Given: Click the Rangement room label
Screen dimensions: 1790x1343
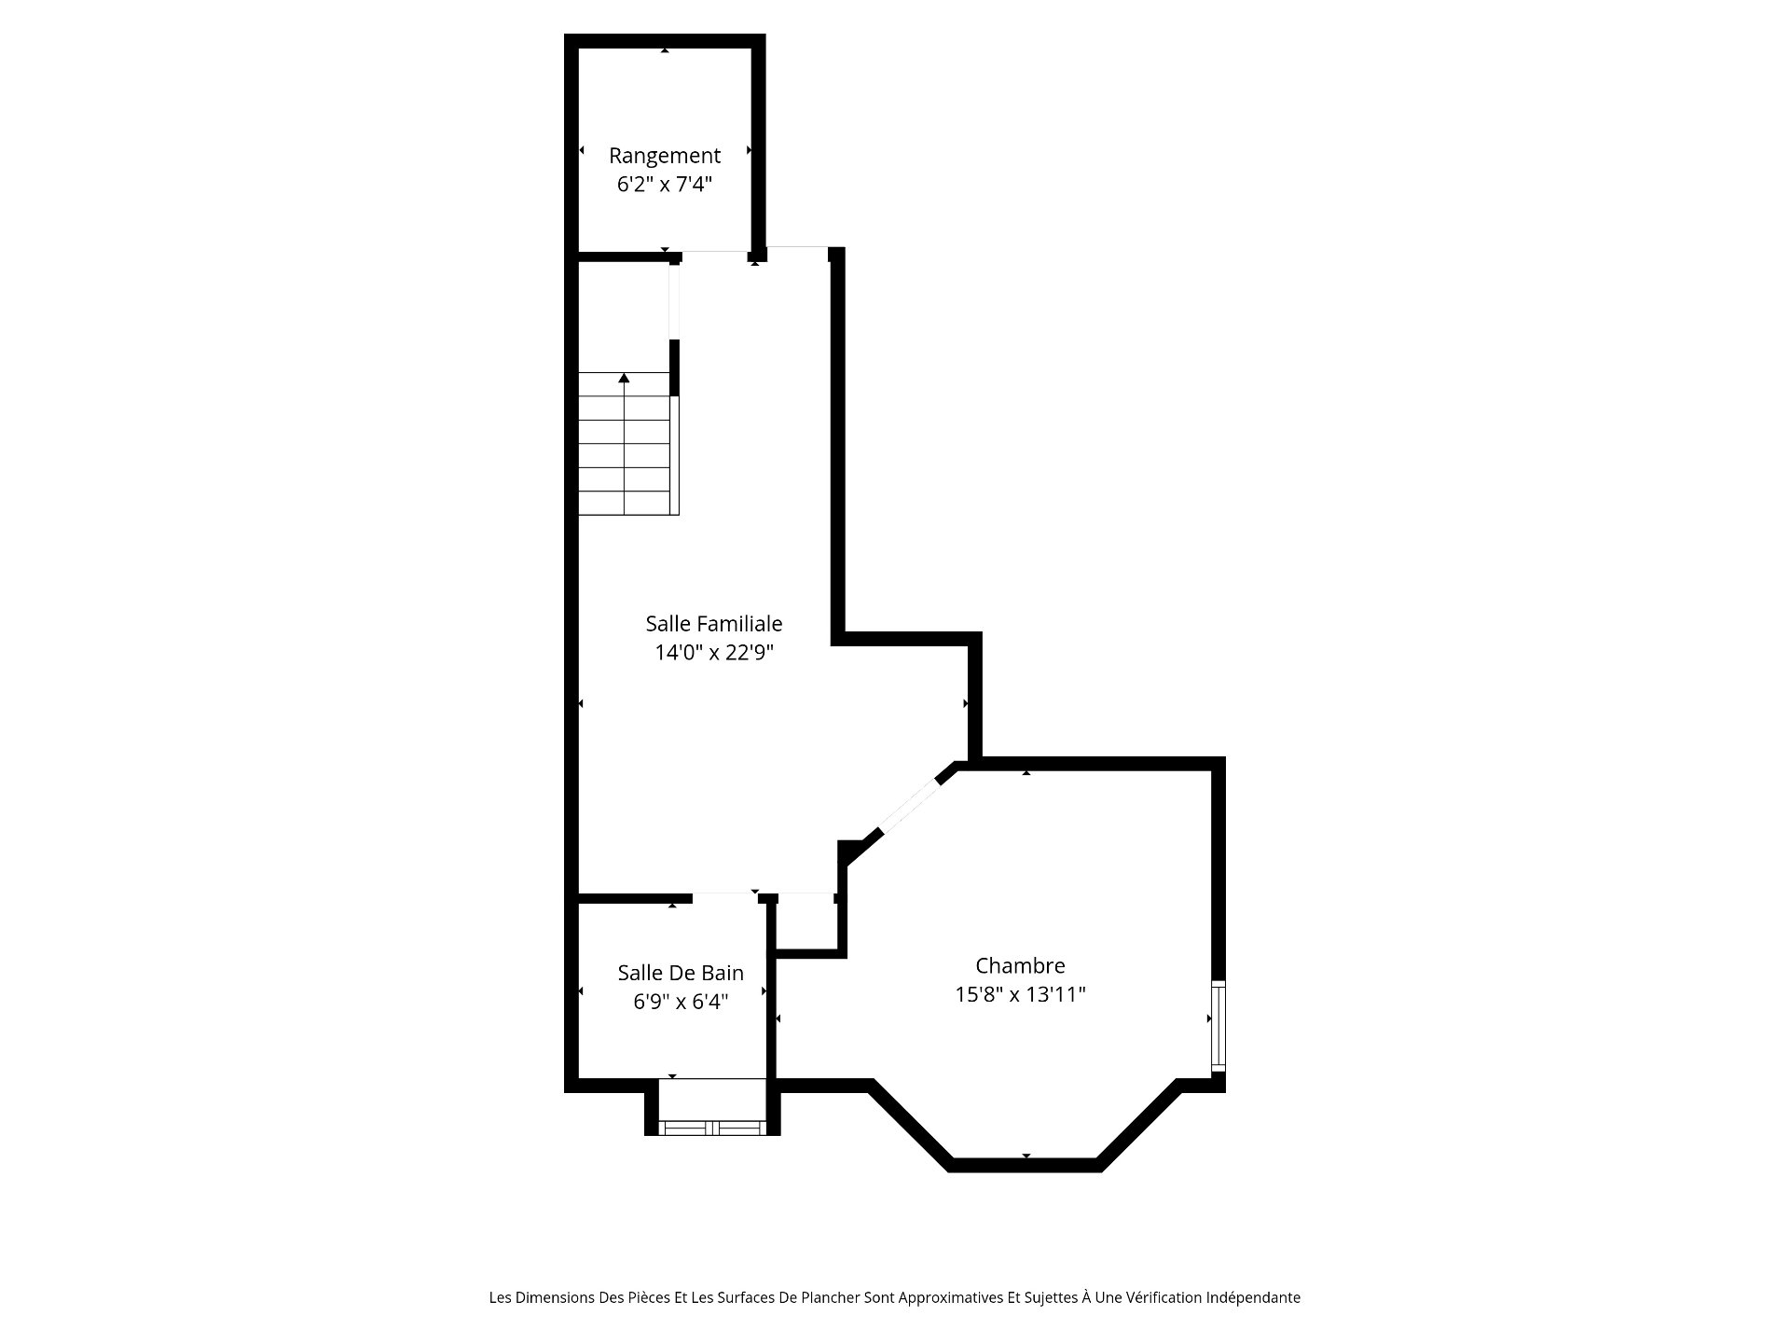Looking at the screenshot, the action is coord(665,156).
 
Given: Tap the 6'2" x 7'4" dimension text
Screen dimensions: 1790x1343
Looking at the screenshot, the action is coord(665,185).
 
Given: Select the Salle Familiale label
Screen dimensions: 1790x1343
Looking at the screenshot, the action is coord(714,623).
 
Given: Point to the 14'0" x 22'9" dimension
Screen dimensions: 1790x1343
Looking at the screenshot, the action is coord(715,653).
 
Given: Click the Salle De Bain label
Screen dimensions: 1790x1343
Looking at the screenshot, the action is coord(681,973).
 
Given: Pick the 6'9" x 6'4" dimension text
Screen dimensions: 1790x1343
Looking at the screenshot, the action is coord(681,1002).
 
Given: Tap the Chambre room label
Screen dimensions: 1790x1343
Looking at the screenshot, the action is coord(1020,965).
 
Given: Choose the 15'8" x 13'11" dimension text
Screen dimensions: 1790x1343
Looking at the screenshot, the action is coord(1021,994).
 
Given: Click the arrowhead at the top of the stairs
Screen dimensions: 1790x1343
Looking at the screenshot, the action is coord(624,378).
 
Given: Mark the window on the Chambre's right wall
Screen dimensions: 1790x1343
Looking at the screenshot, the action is coord(1218,1026).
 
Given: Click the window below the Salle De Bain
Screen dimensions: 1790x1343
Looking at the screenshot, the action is coord(712,1128).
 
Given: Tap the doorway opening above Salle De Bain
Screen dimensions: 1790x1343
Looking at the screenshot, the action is coord(724,897).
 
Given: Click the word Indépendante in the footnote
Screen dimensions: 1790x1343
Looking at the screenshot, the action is coord(1253,1297).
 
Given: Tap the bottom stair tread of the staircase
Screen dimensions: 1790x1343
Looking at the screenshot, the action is coord(624,503).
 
